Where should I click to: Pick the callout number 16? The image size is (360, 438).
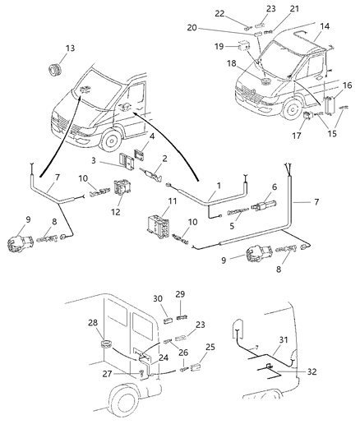[348, 85]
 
